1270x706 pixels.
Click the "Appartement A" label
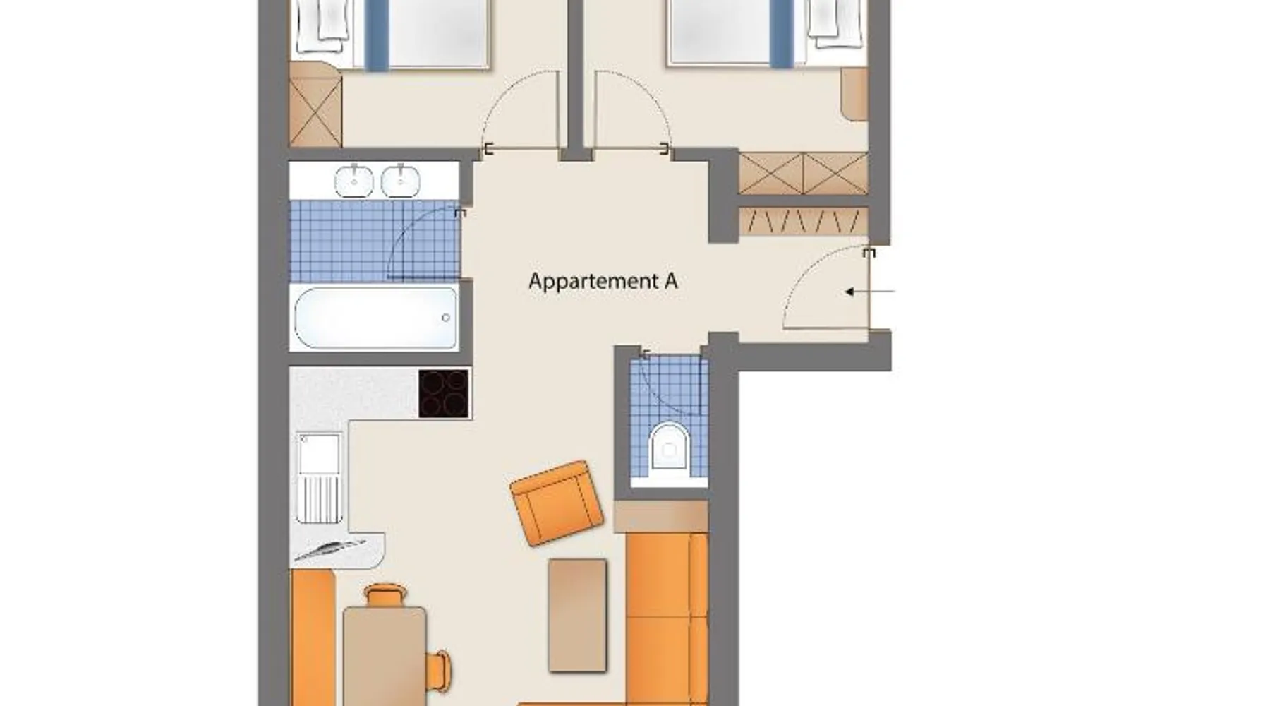[x=603, y=281]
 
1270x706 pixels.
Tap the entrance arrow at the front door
[x=870, y=291]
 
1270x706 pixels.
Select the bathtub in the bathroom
[x=376, y=318]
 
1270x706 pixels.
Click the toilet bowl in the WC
[x=668, y=445]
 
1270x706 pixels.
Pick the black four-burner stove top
[x=444, y=394]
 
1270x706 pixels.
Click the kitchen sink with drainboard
[x=319, y=478]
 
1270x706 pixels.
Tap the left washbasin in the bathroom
[x=354, y=181]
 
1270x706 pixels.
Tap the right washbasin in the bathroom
[x=401, y=181]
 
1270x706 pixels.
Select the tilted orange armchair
[x=557, y=503]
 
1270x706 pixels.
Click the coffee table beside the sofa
[x=577, y=615]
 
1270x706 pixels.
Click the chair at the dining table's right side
[x=439, y=669]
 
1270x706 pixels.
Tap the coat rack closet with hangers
[x=803, y=222]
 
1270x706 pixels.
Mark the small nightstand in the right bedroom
[x=854, y=94]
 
